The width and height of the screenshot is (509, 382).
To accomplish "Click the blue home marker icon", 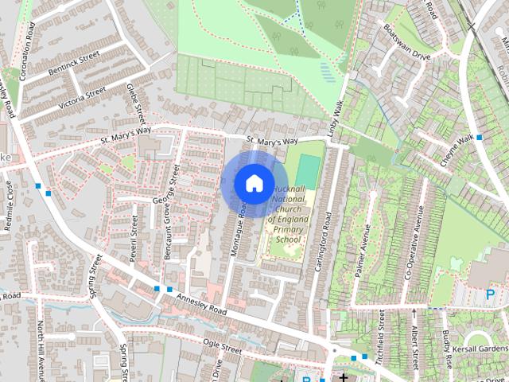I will point(253,183).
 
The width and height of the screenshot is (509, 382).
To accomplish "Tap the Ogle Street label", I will point(221,348).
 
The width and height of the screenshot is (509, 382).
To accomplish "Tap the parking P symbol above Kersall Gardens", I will point(490,294).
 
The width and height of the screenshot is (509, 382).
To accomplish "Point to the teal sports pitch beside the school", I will point(308,170).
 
